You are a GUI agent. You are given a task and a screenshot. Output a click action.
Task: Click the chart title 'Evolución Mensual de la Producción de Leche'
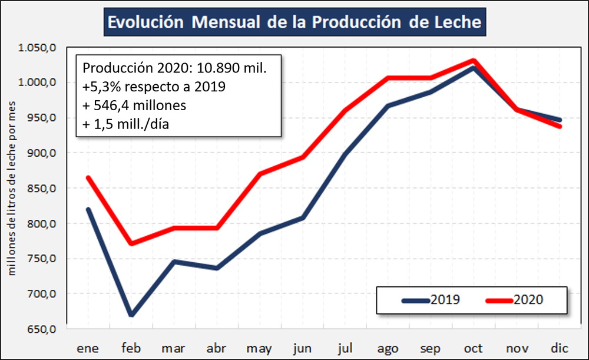pos(294,23)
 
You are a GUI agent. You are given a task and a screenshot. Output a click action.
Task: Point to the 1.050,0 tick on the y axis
pos(39,47)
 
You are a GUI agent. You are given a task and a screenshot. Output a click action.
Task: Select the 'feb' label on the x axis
pos(131,347)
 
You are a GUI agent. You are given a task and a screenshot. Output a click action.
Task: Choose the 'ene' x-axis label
pos(88,347)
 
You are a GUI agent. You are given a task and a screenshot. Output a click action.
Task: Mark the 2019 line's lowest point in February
pos(131,315)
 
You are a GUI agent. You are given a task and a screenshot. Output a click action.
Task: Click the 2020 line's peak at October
pos(473,60)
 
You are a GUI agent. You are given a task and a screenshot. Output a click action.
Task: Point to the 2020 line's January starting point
pos(88,177)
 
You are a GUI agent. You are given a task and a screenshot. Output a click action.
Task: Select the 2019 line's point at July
pos(345,154)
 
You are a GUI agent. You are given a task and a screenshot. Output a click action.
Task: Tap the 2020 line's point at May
pos(260,174)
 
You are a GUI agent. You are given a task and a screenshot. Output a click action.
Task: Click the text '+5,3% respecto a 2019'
pos(154,87)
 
